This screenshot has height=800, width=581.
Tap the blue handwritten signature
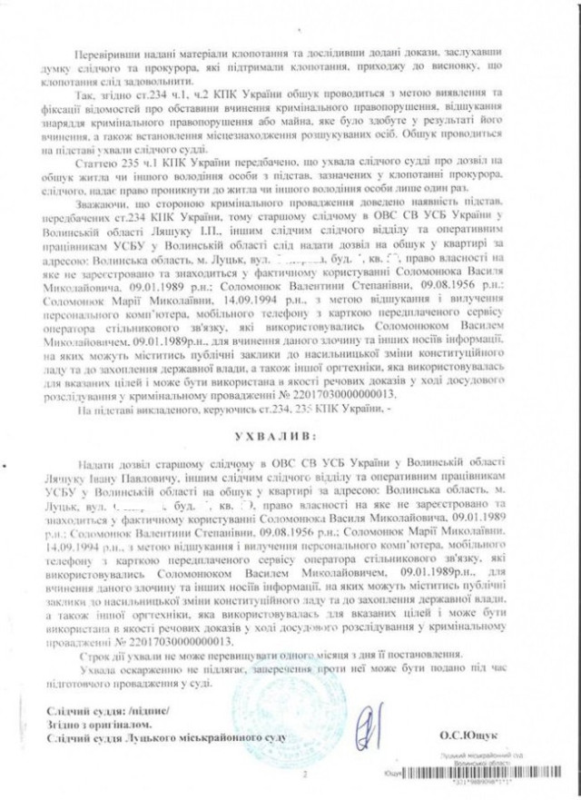click(x=369, y=727)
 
